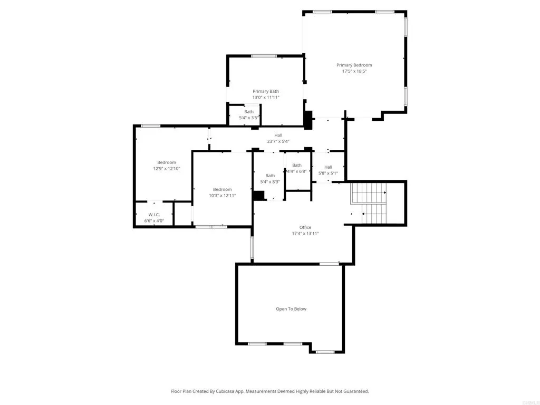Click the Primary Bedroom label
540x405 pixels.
click(x=354, y=65)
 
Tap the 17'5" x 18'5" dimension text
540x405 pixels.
click(x=354, y=71)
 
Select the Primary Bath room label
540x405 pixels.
click(x=266, y=91)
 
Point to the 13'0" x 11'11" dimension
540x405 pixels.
click(x=266, y=98)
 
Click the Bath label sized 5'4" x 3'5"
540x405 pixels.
click(x=249, y=112)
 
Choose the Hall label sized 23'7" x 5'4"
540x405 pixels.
click(x=278, y=136)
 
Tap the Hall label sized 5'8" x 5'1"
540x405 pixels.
click(x=328, y=167)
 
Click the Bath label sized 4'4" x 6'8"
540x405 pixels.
click(x=297, y=166)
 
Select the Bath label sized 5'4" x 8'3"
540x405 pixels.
click(x=270, y=176)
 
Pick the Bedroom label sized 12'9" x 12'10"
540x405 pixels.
click(x=167, y=162)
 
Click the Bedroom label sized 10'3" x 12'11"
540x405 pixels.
click(x=222, y=189)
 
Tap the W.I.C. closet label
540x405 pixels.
click(x=154, y=215)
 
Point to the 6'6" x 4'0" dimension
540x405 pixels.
click(x=154, y=221)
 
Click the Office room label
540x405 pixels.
click(x=305, y=227)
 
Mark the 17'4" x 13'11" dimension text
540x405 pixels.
click(x=305, y=234)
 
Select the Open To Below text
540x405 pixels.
click(x=291, y=309)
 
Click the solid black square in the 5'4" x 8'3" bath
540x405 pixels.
click(x=258, y=196)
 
